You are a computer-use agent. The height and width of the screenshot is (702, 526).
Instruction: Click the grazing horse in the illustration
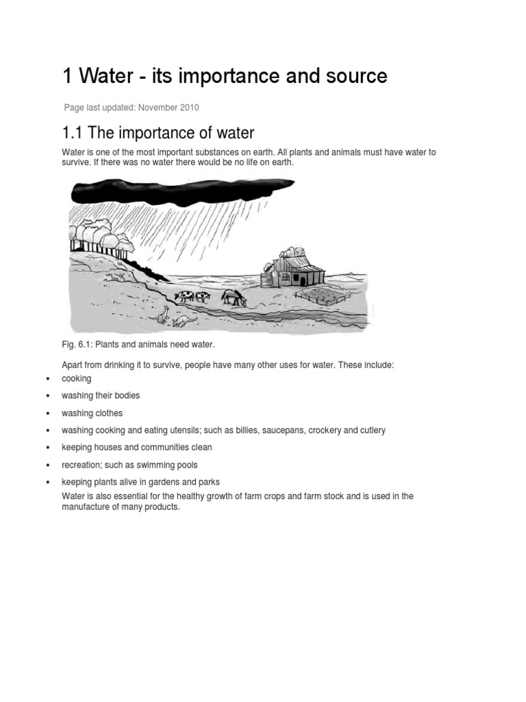[234, 297]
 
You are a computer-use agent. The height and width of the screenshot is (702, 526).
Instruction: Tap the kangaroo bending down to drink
[184, 320]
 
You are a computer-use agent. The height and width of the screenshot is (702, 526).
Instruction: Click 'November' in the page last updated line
[163, 108]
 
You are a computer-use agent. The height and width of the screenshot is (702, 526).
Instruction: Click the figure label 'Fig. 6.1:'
[77, 343]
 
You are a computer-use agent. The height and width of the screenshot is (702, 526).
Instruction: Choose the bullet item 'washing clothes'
[92, 413]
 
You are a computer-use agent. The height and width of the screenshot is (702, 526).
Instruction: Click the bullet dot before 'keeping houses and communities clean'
[47, 448]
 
